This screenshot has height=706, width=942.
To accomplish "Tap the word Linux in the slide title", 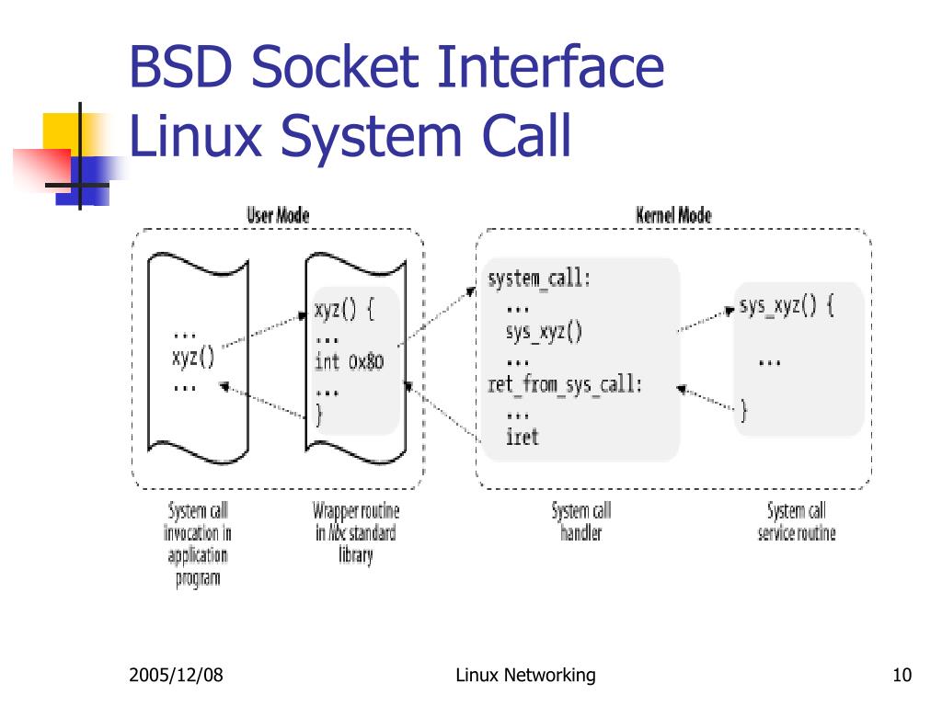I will pos(195,138).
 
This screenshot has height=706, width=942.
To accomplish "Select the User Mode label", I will pos(278,215).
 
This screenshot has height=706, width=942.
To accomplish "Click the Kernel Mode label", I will pos(673,215).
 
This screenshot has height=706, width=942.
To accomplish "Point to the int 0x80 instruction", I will pos(349,361).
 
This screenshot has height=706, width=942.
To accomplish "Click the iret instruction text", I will pos(522,437).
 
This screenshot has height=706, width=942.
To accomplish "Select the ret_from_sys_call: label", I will pos(564,384).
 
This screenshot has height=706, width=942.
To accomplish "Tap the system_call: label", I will pos(538,279).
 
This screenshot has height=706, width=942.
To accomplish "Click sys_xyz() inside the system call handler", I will pos(544,332).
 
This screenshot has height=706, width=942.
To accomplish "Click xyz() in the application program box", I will pos(193,358).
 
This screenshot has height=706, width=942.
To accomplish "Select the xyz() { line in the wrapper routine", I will pos(344,309).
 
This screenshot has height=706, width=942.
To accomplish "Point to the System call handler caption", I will pos(580,522).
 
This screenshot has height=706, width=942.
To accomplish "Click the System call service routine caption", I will pos(797,522).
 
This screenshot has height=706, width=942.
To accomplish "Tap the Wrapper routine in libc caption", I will pos(355,533).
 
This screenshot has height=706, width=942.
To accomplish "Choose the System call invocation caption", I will pos(197,544).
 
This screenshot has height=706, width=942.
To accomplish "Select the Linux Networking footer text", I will pos(525,677).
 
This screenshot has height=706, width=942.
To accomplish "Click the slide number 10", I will pos(901,677).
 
